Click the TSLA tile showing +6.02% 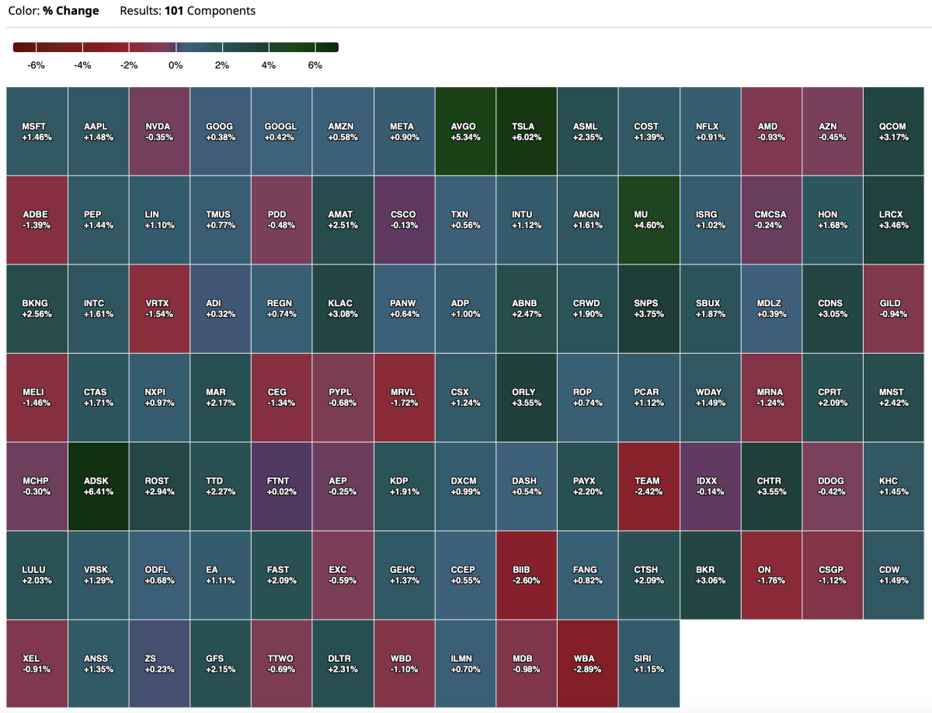coord(527,131)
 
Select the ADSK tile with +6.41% coord(98,486)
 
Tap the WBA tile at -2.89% coord(587,663)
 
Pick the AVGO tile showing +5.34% coord(465,131)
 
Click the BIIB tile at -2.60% coord(527,575)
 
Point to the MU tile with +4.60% coord(649,219)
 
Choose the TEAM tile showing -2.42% coord(649,486)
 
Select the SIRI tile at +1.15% coord(649,663)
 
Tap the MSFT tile coord(37,131)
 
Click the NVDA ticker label coord(158,126)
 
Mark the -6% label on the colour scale coord(36,65)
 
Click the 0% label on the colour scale coord(176,65)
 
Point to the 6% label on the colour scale coord(315,65)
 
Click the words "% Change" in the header coord(71,11)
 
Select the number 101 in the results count coord(174,11)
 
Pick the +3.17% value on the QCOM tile coord(892,138)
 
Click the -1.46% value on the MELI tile coord(37,404)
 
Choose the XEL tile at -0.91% coord(37,663)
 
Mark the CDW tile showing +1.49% coord(892,575)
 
